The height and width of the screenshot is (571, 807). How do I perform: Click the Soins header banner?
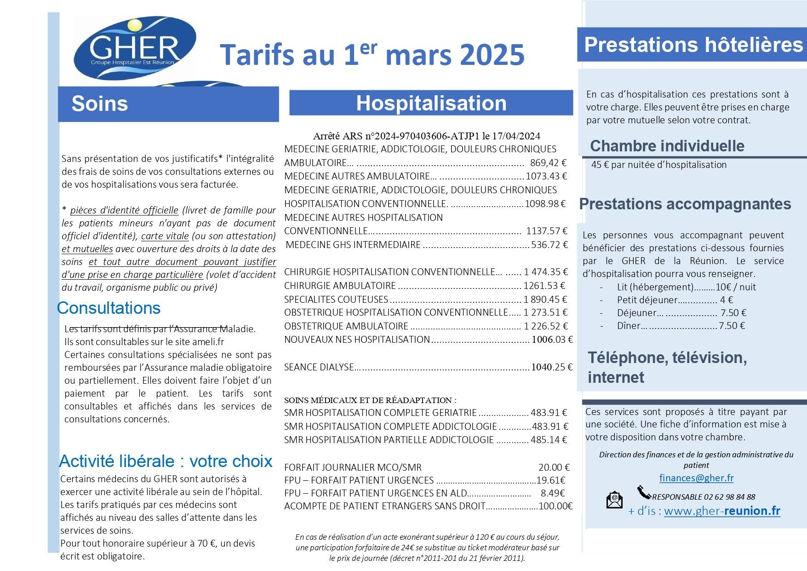168,104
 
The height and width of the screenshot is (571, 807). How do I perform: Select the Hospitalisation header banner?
431,103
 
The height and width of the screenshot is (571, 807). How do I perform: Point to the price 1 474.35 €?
546,272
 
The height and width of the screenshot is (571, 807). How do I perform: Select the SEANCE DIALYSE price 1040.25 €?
552,367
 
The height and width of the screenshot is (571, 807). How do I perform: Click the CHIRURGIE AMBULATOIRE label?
340,286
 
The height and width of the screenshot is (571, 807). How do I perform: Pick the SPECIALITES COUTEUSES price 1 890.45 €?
545,299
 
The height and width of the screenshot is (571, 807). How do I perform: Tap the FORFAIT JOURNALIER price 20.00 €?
554,467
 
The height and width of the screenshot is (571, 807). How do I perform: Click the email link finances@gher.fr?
696,478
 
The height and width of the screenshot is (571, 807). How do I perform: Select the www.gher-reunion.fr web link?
722,511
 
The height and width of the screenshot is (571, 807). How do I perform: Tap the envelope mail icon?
614,500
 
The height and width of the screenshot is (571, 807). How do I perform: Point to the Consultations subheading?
109,308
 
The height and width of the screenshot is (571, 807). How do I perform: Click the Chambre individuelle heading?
667,146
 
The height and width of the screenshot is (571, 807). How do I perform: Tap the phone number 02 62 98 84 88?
730,497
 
